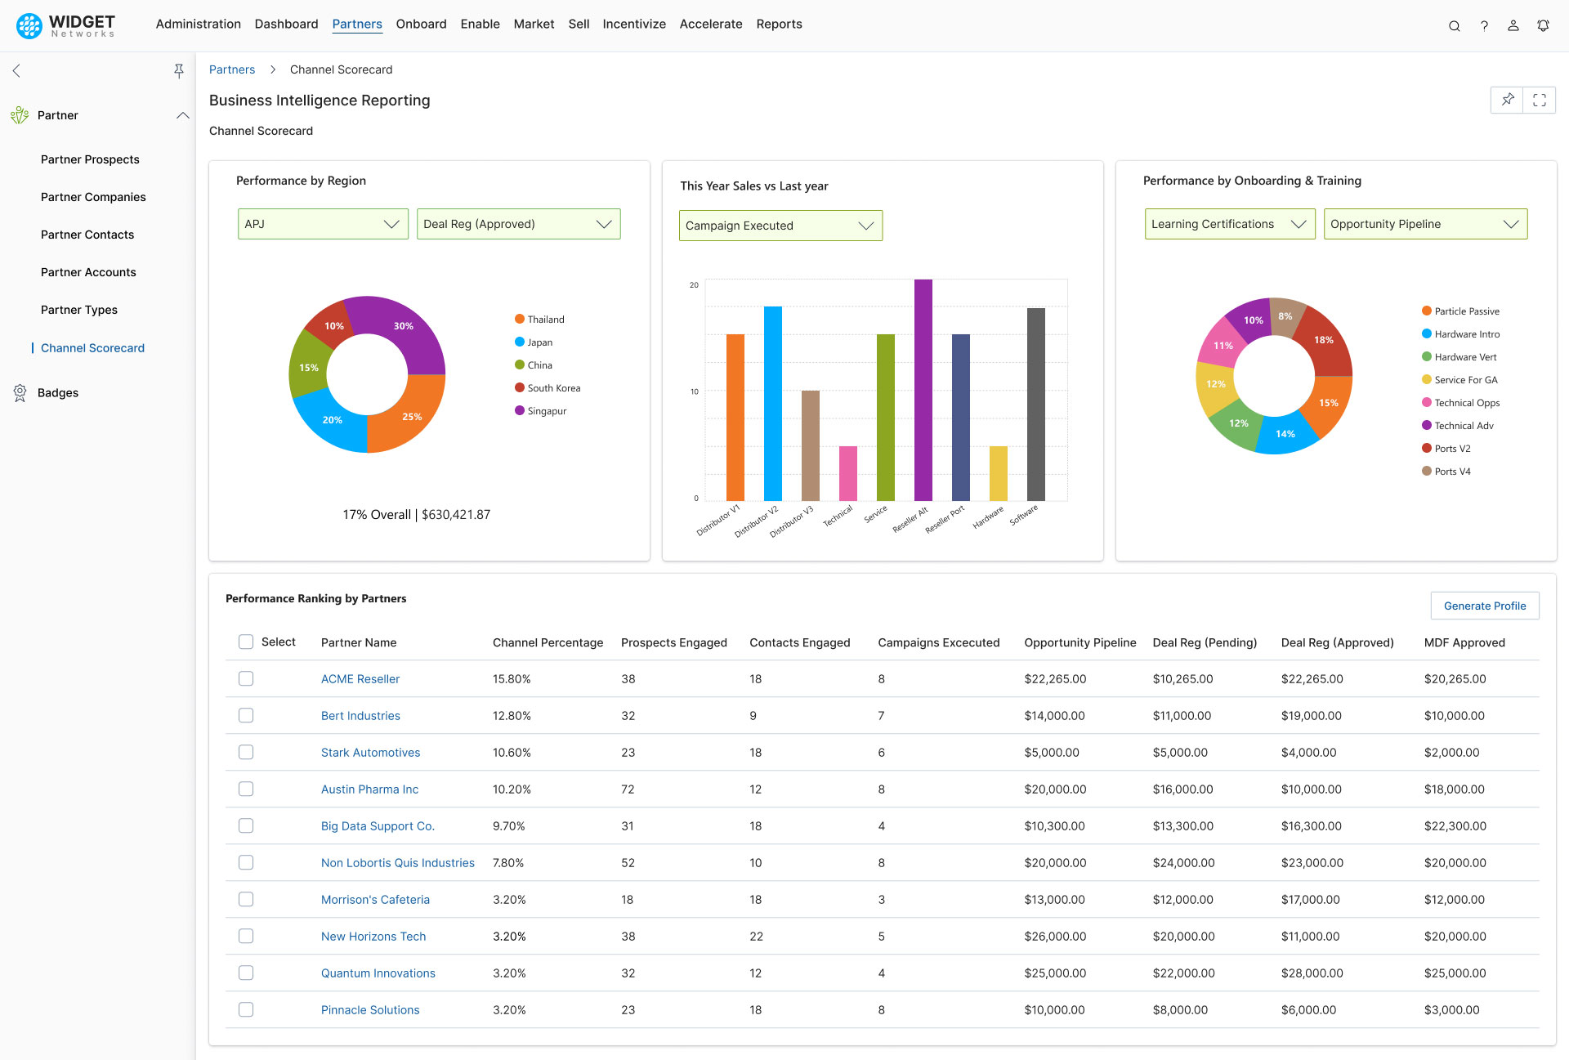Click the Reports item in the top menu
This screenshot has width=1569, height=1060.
(779, 24)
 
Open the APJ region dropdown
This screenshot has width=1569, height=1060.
(323, 224)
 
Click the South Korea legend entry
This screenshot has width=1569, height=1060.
(552, 388)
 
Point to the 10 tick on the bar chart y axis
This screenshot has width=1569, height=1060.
(694, 391)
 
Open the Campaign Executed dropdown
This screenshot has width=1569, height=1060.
(780, 226)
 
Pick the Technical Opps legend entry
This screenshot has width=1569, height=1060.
(1466, 403)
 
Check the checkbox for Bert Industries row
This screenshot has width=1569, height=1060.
(246, 715)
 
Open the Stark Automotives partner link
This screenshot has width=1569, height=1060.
(370, 753)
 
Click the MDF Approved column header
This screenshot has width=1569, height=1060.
(1464, 642)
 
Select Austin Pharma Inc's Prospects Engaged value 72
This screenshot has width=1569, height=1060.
(628, 789)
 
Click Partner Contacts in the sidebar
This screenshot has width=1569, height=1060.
(87, 235)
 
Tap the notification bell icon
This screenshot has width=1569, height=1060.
(1543, 25)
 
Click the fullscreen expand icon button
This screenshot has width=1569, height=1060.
(1540, 100)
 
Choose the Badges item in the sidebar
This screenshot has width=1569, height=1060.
(58, 393)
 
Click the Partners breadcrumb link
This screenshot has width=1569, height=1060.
(232, 69)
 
